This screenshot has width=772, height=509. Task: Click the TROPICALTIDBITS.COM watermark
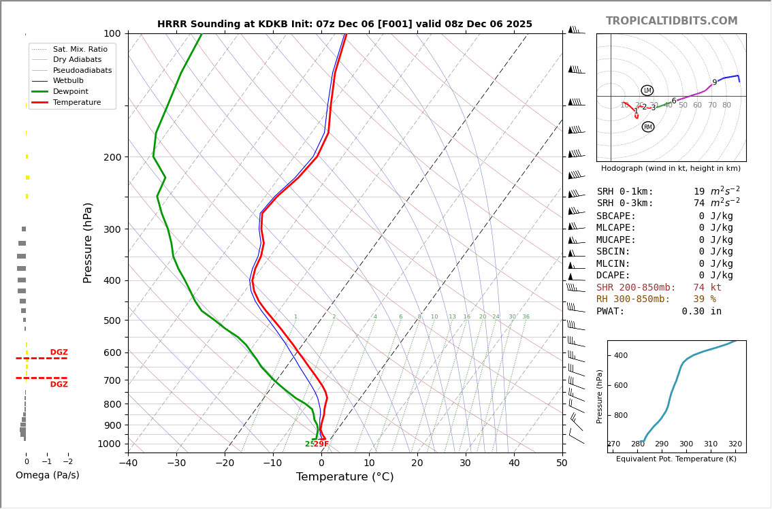[671, 21]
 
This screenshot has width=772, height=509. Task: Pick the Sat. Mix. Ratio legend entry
[80, 49]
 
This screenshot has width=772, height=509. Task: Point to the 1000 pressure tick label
[110, 444]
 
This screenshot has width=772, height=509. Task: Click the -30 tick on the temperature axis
[176, 463]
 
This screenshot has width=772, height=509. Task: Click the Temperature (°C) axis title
[344, 477]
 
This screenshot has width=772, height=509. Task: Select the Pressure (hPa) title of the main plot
[88, 242]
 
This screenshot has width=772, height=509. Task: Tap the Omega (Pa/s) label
[47, 476]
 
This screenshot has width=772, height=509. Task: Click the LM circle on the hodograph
[647, 91]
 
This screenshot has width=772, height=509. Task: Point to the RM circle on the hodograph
[647, 127]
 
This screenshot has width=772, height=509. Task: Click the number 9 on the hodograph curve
[714, 82]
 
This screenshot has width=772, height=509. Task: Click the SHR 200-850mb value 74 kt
[707, 288]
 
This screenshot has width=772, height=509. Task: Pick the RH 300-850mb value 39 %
[704, 299]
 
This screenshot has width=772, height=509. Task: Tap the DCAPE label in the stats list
[613, 276]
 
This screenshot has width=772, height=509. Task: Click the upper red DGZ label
[59, 352]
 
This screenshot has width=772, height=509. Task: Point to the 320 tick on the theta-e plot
[735, 444]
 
